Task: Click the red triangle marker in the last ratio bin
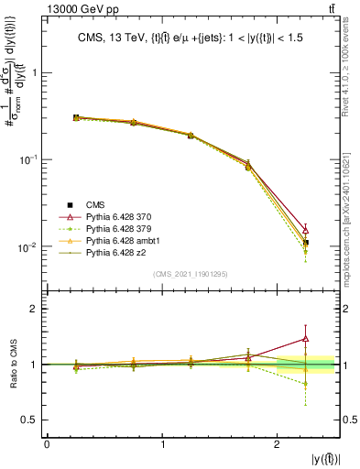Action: point(306,339)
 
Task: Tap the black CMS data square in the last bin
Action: point(306,243)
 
